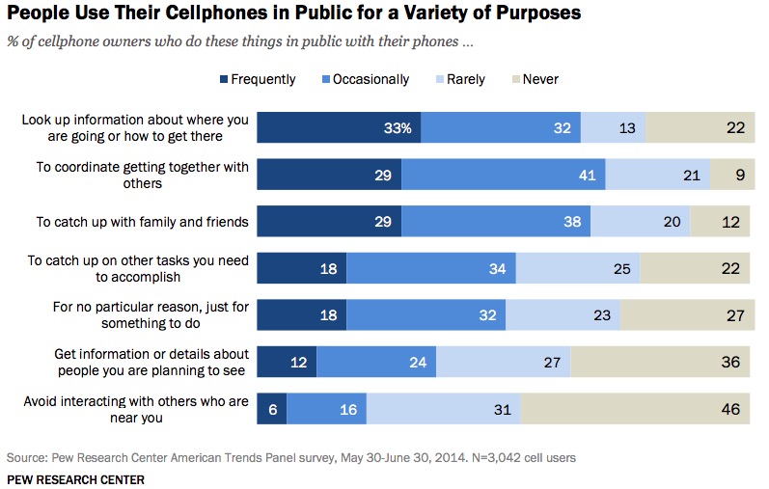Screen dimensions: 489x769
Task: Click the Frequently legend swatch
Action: [225, 79]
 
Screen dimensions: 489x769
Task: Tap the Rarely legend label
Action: [465, 79]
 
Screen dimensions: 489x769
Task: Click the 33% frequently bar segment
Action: [338, 128]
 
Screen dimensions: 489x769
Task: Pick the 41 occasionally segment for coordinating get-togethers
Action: [503, 176]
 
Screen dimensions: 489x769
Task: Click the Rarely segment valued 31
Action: [443, 410]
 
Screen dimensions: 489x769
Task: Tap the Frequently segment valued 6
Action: [271, 410]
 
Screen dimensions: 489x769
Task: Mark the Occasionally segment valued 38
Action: [496, 222]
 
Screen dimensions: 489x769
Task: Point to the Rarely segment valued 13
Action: [613, 128]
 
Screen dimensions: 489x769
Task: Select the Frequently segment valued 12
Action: [287, 363]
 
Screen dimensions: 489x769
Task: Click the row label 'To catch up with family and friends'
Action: [143, 222]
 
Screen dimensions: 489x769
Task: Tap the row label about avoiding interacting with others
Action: [138, 410]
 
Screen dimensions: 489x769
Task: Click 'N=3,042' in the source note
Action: [493, 455]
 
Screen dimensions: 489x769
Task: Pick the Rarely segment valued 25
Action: [577, 269]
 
